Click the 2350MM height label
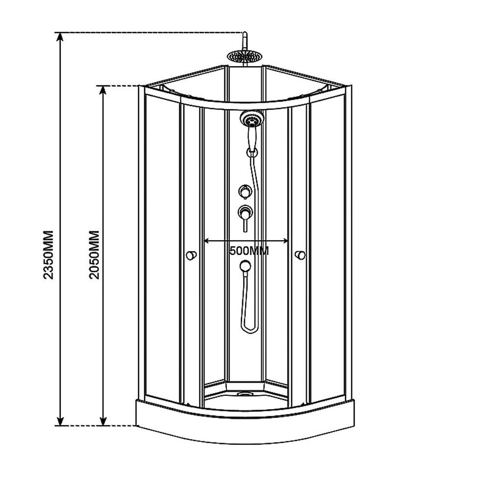[x=48, y=254]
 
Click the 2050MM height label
[x=95, y=254]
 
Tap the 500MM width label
[x=249, y=251]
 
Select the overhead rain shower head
[x=243, y=55]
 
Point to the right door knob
[x=300, y=255]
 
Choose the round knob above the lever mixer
[x=244, y=191]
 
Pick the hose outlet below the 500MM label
[x=245, y=266]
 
